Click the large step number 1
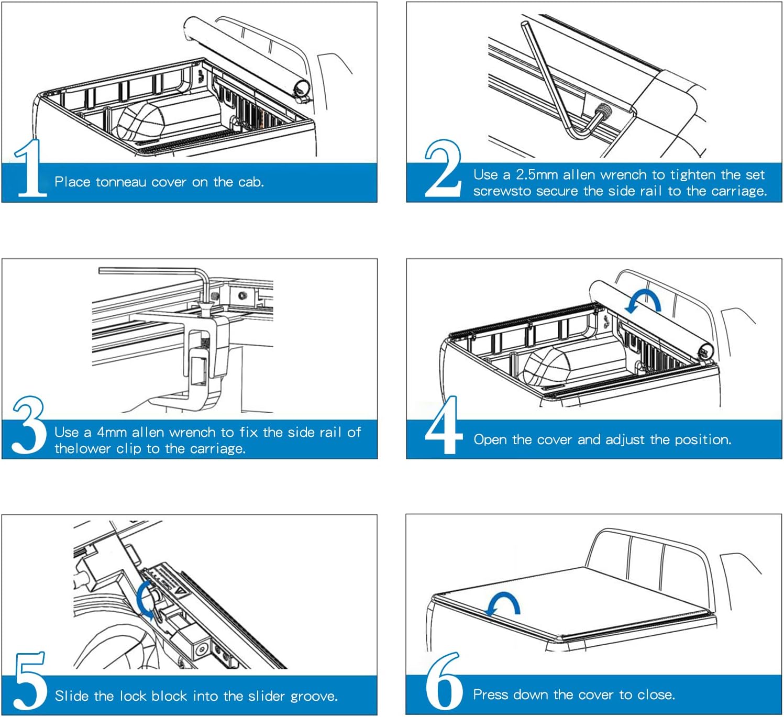30,169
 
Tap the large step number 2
443,169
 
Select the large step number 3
29,425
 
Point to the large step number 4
443,425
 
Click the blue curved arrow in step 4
644,302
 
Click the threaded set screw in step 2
605,112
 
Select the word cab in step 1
250,182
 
